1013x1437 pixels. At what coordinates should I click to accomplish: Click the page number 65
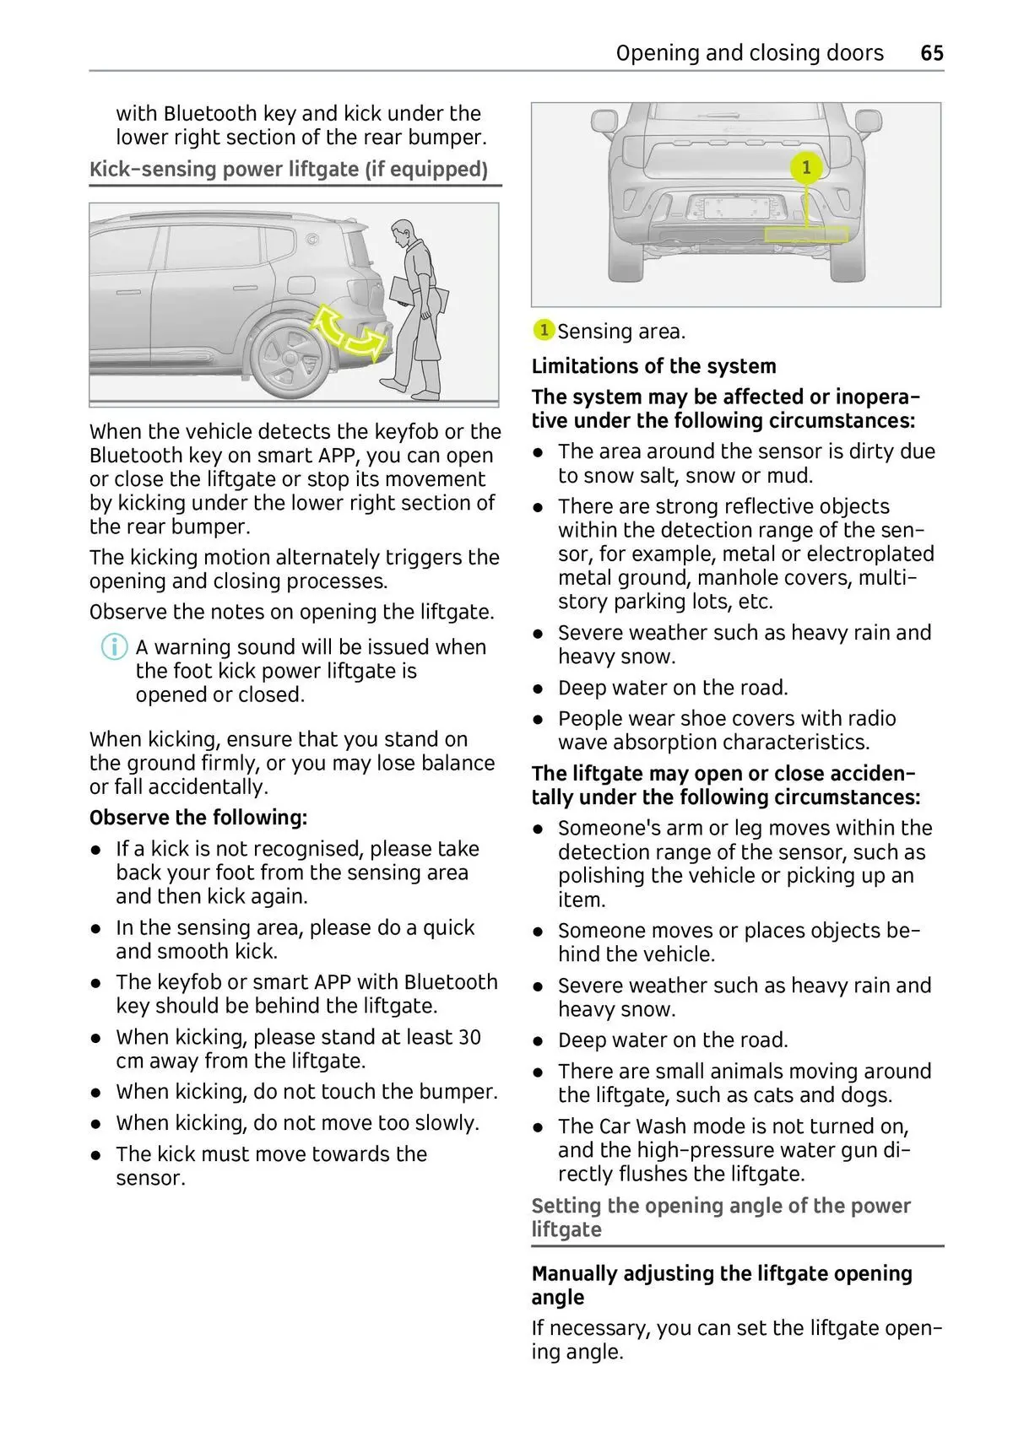click(x=931, y=53)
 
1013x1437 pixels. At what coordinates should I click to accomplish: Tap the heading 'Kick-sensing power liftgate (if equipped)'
click(x=289, y=169)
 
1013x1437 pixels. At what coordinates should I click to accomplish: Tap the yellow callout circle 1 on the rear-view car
click(x=806, y=168)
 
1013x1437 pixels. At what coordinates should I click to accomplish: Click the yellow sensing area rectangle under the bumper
click(x=806, y=234)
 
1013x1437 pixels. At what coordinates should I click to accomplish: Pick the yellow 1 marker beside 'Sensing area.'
click(x=544, y=331)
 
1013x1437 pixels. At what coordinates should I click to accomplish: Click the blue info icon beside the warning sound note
click(x=114, y=648)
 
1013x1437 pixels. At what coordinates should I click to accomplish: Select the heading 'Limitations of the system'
click(x=653, y=366)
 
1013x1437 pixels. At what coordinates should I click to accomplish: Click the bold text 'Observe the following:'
click(x=198, y=818)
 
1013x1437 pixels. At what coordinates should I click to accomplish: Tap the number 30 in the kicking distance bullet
click(x=469, y=1037)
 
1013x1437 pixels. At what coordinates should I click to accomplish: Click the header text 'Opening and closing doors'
click(x=750, y=53)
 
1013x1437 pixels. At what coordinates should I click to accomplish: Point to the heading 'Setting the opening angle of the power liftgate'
click(x=720, y=1217)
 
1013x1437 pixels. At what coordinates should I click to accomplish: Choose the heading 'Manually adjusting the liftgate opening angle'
click(x=721, y=1284)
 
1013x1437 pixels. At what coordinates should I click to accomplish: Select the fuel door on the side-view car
click(x=301, y=287)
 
